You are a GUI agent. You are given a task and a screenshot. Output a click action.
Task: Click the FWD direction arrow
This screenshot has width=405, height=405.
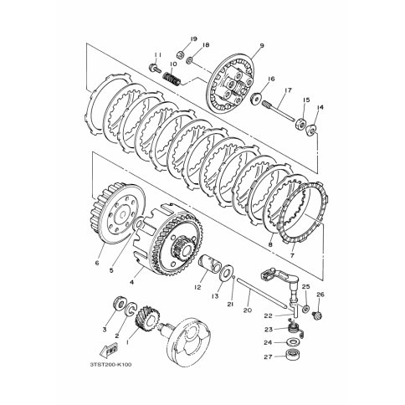pyautogui.click(x=109, y=351)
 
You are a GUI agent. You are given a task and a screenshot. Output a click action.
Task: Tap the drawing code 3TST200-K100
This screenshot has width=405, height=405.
pyautogui.click(x=110, y=365)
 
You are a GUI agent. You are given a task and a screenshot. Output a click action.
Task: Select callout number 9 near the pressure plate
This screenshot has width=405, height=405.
pyautogui.click(x=262, y=45)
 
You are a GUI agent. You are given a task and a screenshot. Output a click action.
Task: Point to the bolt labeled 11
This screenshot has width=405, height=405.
pyautogui.click(x=155, y=68)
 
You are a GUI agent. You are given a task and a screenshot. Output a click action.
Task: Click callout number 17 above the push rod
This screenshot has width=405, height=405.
pyautogui.click(x=288, y=90)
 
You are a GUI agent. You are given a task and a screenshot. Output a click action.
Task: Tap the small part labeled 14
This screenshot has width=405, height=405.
pyautogui.click(x=311, y=131)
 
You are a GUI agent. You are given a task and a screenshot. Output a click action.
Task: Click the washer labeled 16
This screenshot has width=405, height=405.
pyautogui.click(x=255, y=99)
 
